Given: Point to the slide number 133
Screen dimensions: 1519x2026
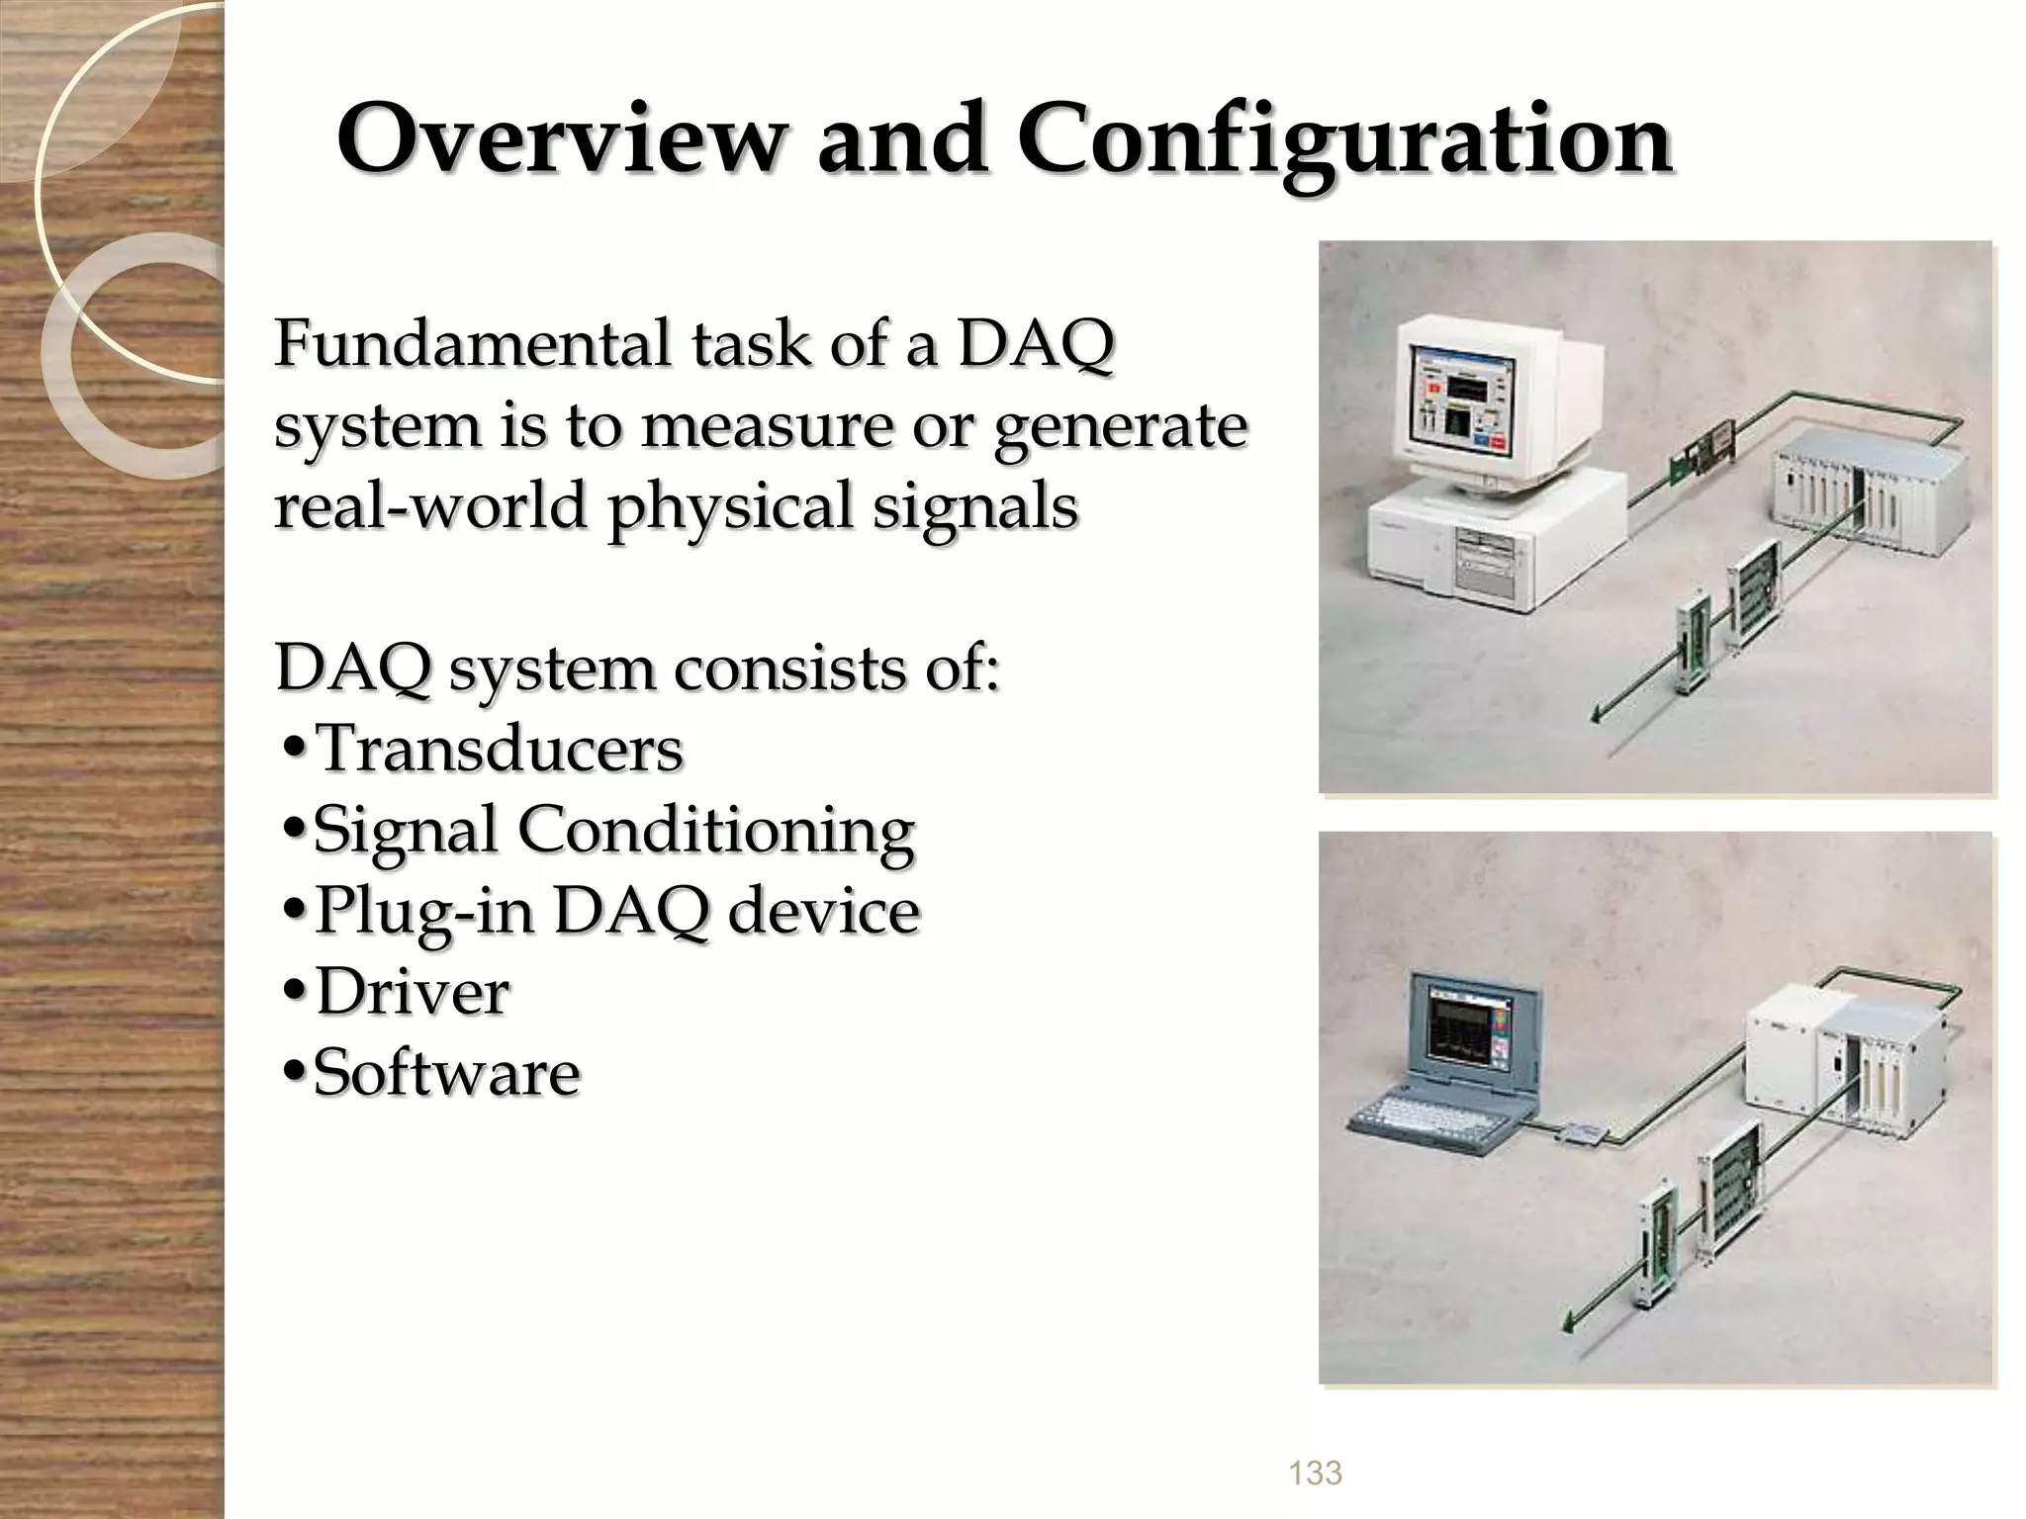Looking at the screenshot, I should click(x=1315, y=1473).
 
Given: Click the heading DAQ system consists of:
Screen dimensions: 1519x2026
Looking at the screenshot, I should click(x=637, y=669).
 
